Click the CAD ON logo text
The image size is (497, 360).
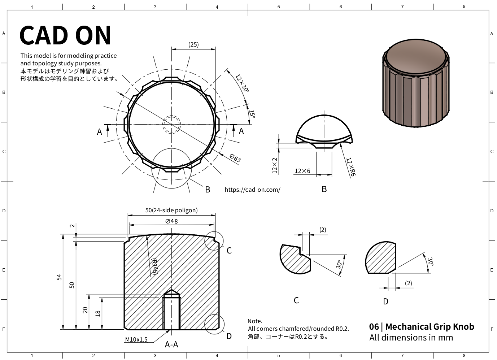(65, 35)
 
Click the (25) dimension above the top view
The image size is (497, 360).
(193, 44)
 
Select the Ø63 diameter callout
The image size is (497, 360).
(235, 158)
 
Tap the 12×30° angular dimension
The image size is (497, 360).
(242, 83)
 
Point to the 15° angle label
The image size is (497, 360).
(252, 114)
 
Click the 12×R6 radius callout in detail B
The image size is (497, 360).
(351, 167)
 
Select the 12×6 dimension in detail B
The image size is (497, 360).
(302, 171)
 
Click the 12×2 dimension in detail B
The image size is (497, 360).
(275, 165)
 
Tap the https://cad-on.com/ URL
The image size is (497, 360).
(252, 190)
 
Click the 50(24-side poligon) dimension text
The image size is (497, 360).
(171, 210)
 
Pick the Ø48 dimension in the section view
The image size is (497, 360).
(171, 221)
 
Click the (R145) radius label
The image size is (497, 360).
(154, 266)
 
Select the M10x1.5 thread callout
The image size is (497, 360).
(136, 339)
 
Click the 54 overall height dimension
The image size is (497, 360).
(59, 277)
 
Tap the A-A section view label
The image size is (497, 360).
(171, 344)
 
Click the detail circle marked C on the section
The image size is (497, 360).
(214, 240)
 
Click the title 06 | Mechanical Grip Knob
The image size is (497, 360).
(422, 327)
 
